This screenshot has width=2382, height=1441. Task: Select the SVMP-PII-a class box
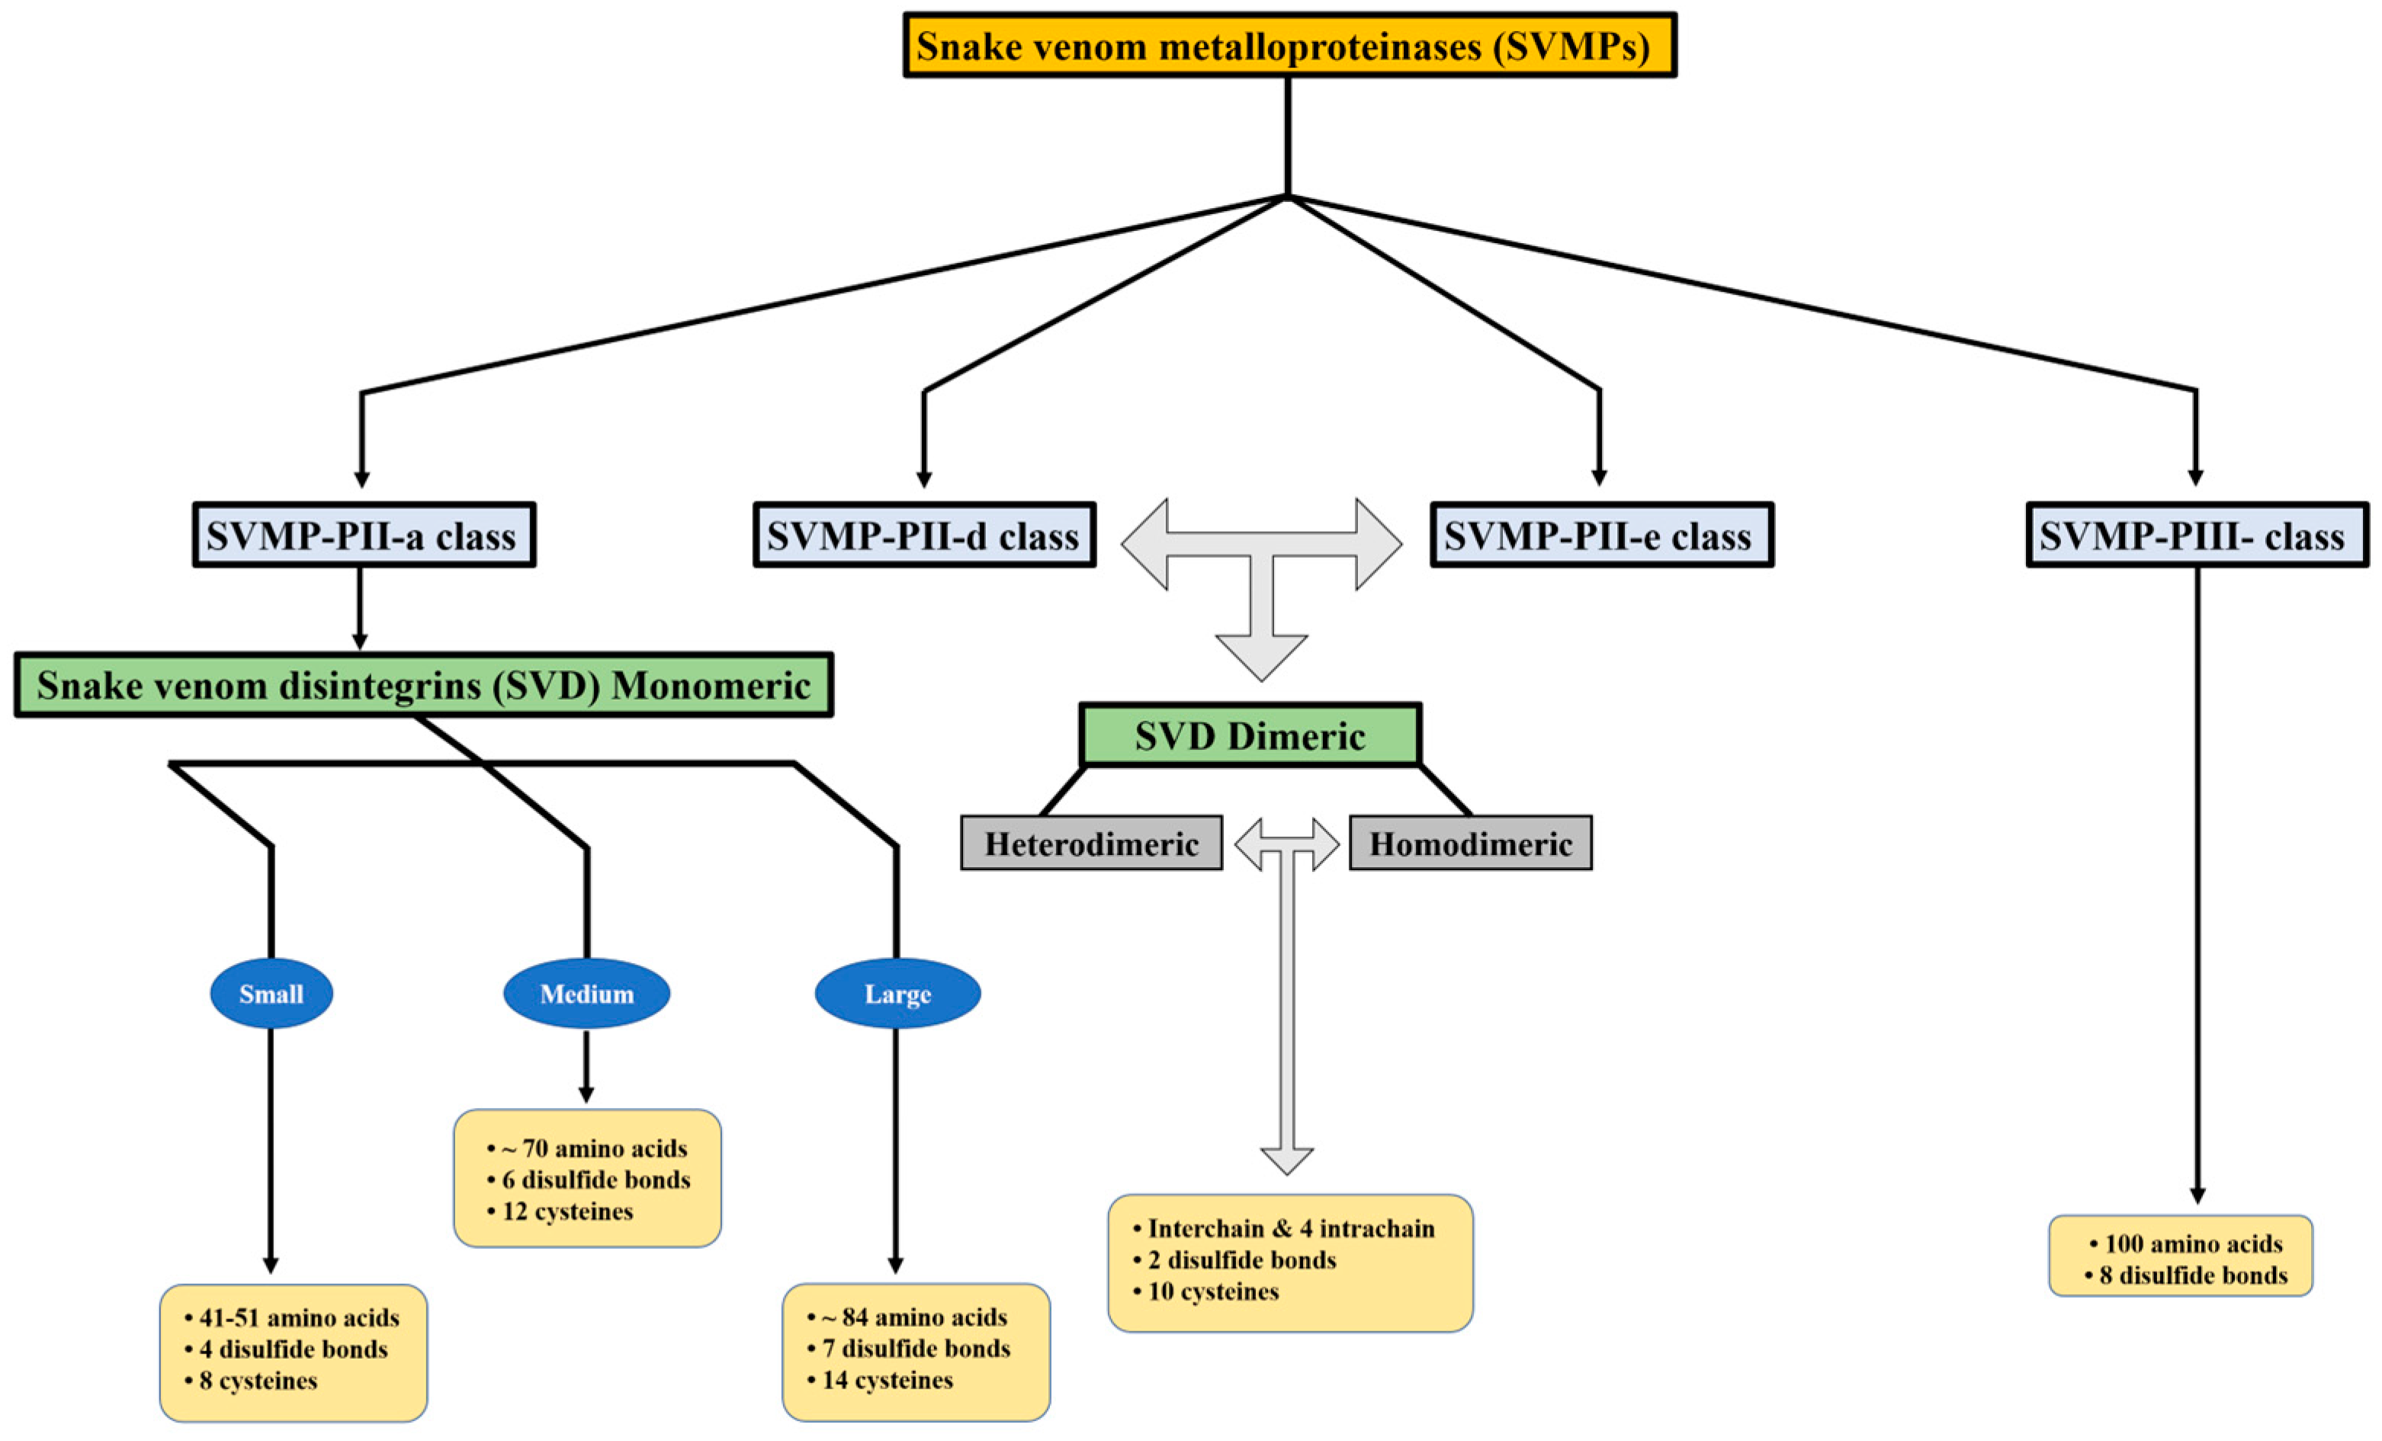coord(364,534)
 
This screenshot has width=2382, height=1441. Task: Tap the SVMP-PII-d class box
coord(923,534)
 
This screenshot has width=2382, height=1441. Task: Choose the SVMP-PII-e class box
coord(1601,534)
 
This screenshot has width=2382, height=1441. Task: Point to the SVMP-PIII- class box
coord(2197,534)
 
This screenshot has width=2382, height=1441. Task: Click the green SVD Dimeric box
coord(1249,735)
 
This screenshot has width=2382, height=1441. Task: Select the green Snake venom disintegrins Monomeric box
coord(423,685)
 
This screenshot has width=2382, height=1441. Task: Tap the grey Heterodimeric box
coord(1090,844)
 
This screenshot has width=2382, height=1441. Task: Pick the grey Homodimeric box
coord(1469,844)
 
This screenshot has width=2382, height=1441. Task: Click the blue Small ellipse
coord(271,994)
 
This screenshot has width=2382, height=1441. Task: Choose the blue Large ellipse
coord(897,994)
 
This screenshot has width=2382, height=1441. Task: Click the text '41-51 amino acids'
coord(299,1318)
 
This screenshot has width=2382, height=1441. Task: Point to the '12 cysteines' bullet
coord(567,1211)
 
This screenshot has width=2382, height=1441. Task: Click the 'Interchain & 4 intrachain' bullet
coord(1291,1228)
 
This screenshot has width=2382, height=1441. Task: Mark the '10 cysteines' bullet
coord(1212,1291)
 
